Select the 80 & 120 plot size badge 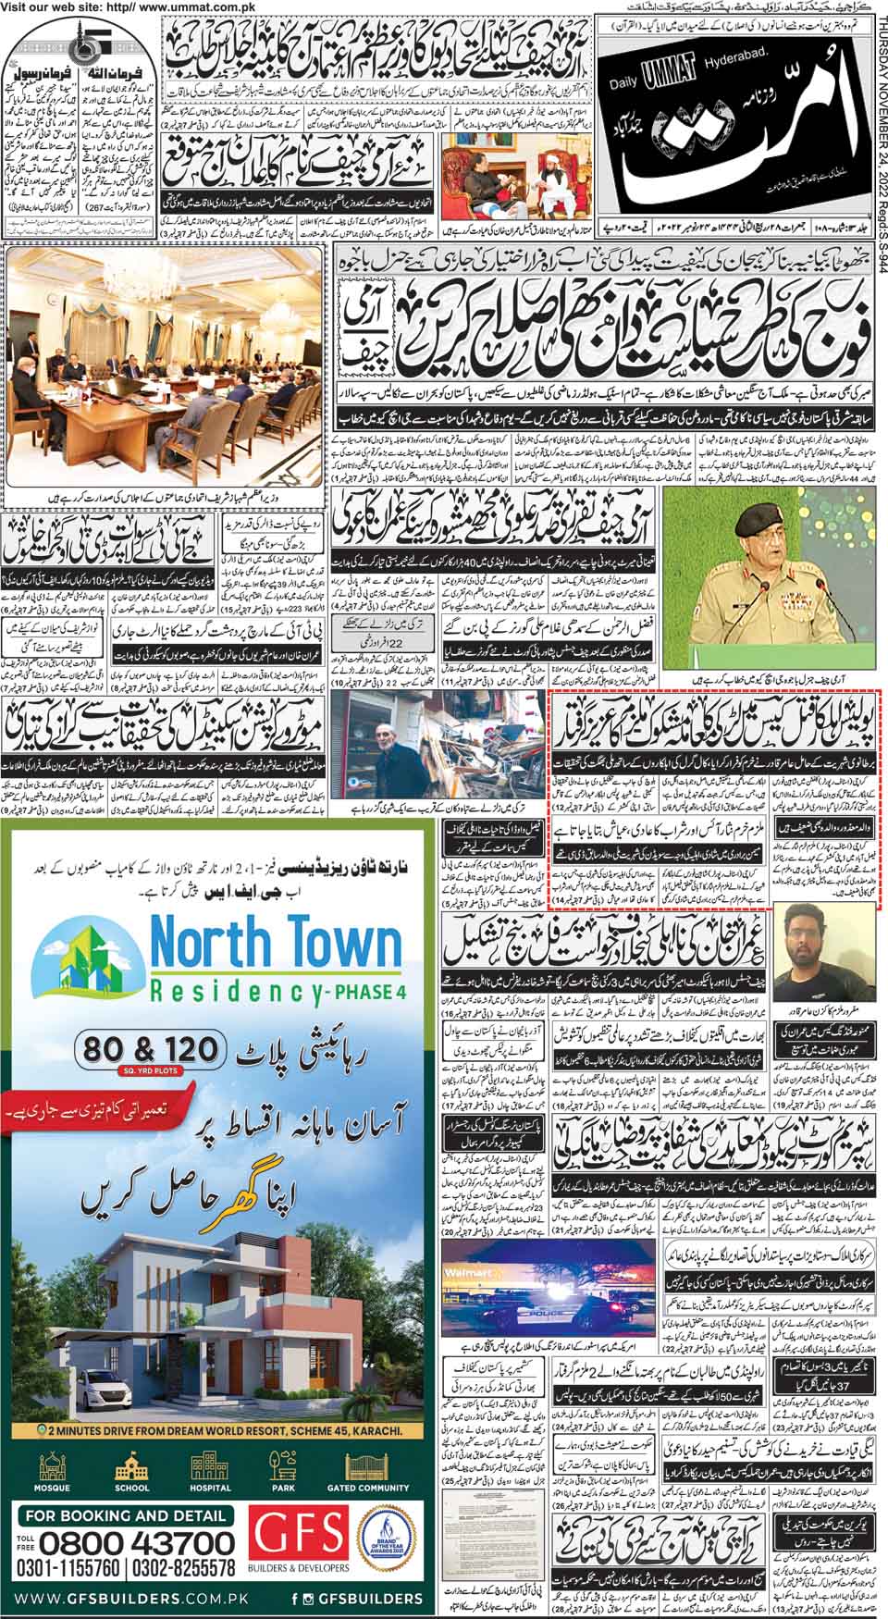[152, 1048]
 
